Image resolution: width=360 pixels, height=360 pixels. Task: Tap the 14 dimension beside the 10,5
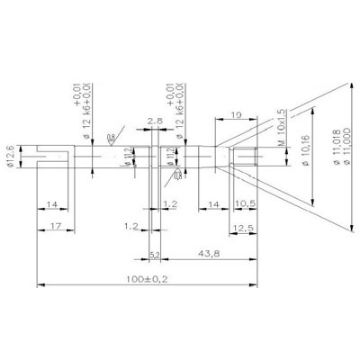[214, 204]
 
